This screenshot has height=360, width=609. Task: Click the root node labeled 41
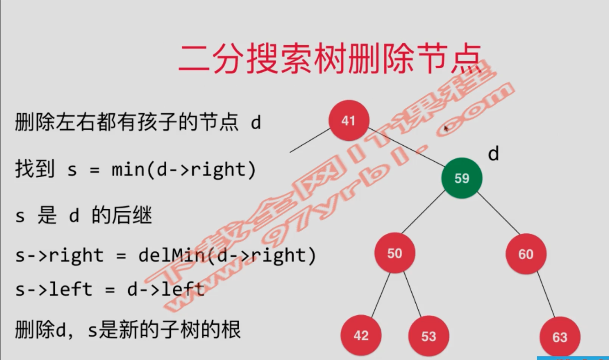pos(348,121)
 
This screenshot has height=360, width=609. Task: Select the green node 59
pos(462,178)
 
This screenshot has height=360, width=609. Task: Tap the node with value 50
pos(394,253)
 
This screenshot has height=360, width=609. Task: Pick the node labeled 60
pos(525,254)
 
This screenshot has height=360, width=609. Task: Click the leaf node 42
pos(361,336)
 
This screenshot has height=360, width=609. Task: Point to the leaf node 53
pos(429,337)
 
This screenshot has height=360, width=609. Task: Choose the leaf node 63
pos(560,338)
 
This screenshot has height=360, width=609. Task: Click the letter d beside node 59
pos(493,154)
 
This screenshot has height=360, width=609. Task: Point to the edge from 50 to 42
pos(380,295)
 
